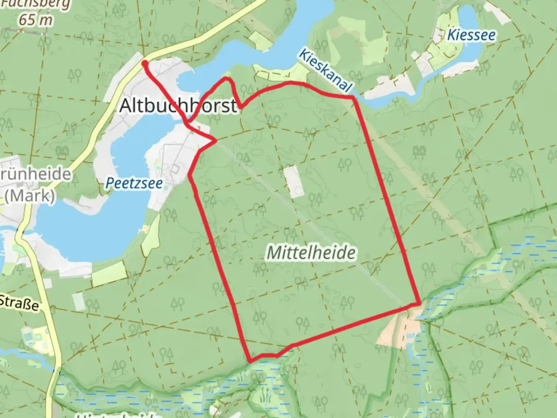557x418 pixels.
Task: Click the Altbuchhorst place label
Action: (x=178, y=106)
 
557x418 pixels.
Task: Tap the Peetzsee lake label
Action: (x=134, y=183)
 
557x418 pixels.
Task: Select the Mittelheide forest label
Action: (x=311, y=253)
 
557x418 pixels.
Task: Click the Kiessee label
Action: (x=471, y=35)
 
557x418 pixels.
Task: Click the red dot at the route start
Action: (x=145, y=63)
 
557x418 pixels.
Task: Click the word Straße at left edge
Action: (x=19, y=303)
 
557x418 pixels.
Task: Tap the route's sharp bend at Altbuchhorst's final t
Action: (x=240, y=107)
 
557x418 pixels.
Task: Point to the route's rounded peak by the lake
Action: (x=227, y=79)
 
